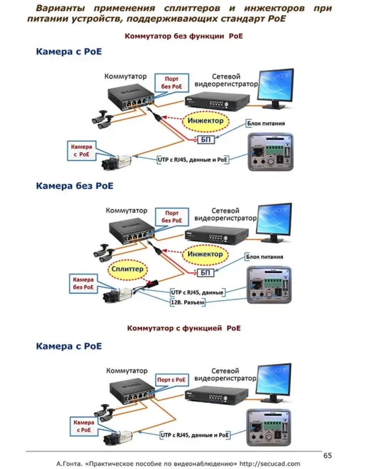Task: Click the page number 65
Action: point(328,456)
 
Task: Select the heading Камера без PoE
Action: point(75,186)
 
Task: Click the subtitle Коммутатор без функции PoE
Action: point(184,36)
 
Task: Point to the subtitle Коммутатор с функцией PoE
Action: point(184,328)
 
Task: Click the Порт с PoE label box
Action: point(172,380)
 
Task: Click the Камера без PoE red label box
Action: point(83,283)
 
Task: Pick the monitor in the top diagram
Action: point(276,86)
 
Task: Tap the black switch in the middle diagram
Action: point(133,231)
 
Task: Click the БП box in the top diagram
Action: point(205,140)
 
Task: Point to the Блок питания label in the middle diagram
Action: point(264,257)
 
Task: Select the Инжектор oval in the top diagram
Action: point(205,121)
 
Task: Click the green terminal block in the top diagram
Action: point(272,147)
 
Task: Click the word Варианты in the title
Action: point(61,9)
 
